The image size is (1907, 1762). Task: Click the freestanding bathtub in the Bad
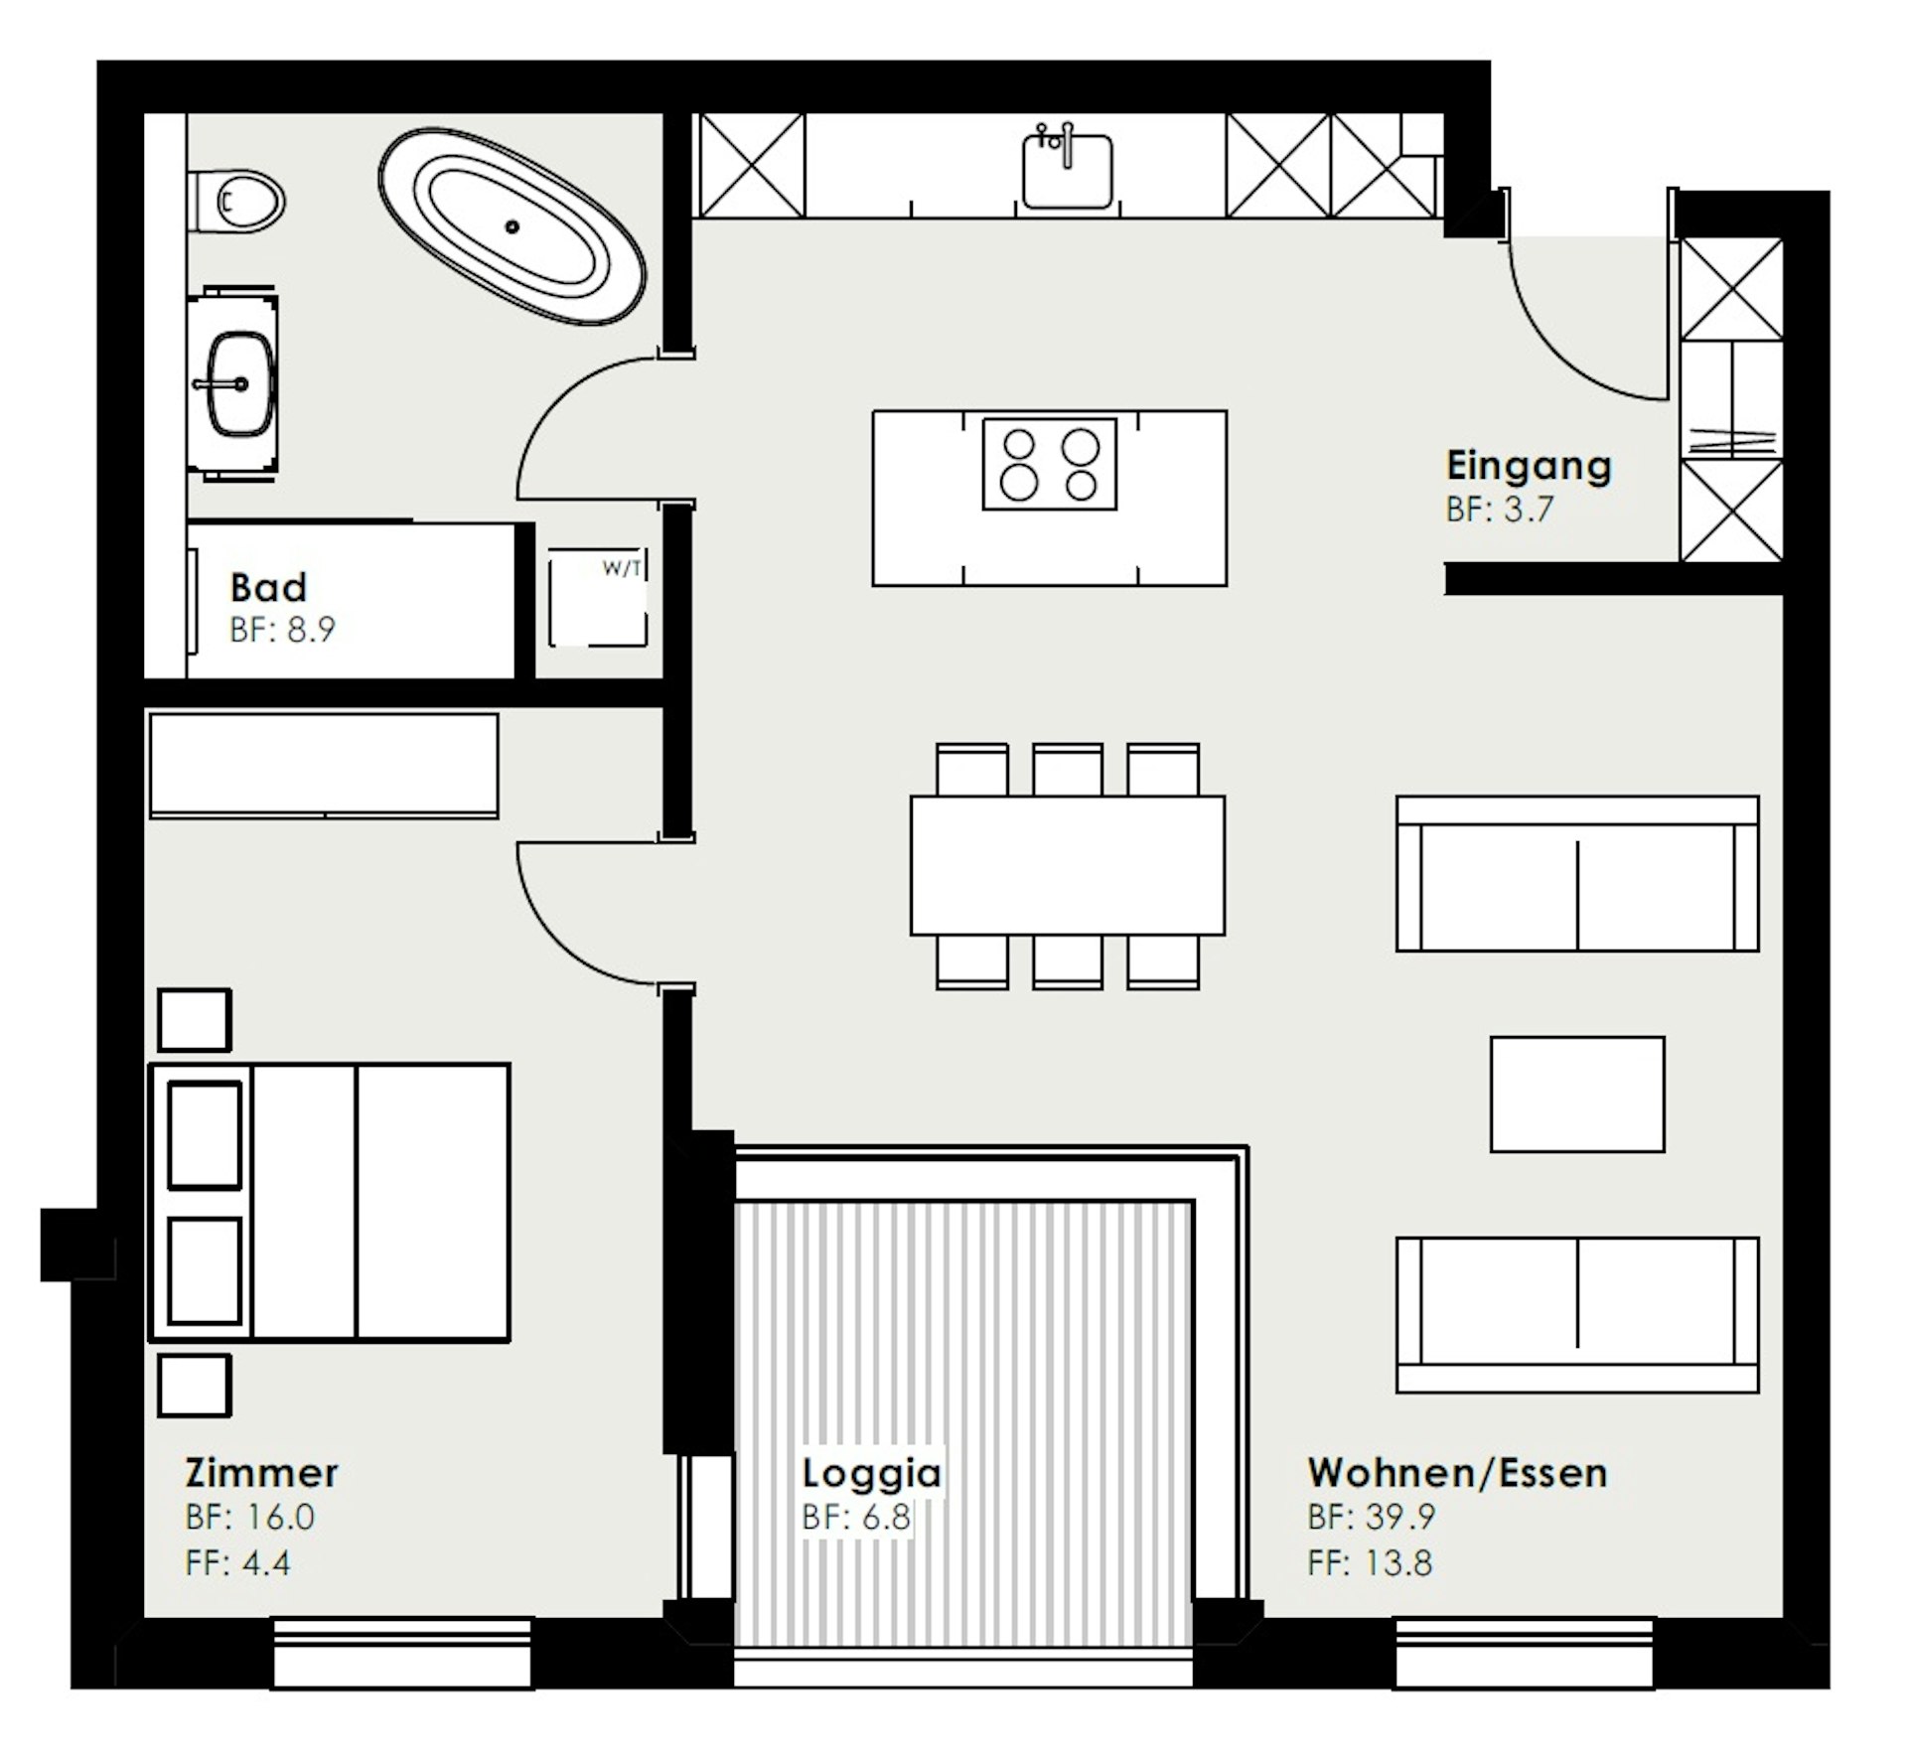(512, 226)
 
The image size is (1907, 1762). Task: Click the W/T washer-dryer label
(623, 569)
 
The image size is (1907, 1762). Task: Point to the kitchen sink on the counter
(1067, 170)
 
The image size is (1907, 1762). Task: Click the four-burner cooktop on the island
(1050, 464)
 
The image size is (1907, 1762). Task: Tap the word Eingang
(1529, 467)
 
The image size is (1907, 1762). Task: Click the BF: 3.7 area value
(1499, 510)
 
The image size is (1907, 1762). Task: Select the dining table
(1068, 865)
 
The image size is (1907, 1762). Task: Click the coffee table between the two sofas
(1577, 1095)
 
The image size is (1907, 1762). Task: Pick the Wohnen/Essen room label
(1457, 1473)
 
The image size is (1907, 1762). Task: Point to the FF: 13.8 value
(1370, 1563)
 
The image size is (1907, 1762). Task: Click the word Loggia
(872, 1474)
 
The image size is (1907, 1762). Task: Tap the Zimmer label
(261, 1473)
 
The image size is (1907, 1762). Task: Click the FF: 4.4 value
(237, 1563)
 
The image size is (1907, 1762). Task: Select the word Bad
(268, 587)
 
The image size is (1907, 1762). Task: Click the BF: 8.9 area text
(282, 630)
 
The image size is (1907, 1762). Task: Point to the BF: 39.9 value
(1372, 1518)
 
